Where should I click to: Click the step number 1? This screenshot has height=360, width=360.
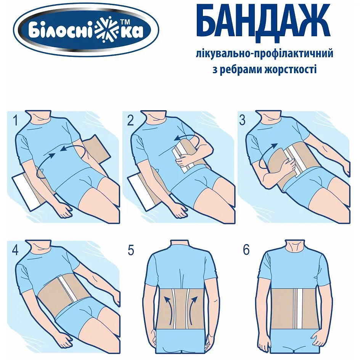16,121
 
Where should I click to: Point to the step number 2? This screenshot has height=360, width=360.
130,121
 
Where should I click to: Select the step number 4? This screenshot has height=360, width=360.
15,250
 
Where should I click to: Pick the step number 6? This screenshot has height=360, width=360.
246,250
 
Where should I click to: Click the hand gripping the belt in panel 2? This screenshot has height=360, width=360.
185,162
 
